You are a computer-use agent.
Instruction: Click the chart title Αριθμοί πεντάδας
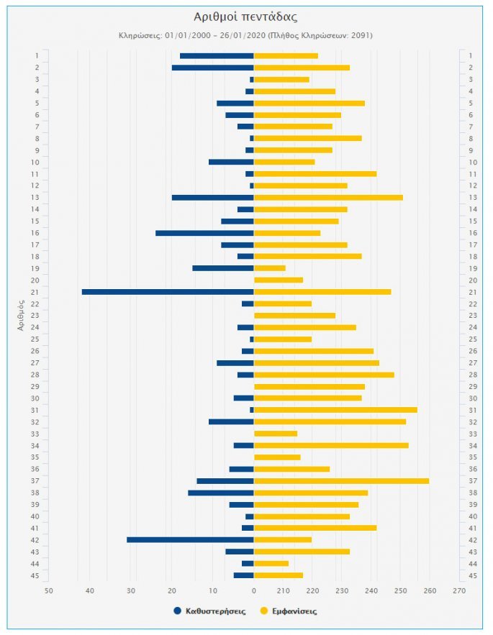pos(246,17)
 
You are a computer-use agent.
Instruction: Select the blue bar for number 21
pos(168,291)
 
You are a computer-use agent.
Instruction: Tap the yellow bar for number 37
pos(341,481)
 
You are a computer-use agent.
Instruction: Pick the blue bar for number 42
pos(190,540)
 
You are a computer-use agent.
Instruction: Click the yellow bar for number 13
pos(328,197)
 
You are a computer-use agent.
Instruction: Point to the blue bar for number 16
pos(204,232)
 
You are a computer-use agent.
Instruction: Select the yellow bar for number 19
pos(270,268)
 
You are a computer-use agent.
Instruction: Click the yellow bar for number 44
pos(271,563)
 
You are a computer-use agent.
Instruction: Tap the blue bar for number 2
pos(212,68)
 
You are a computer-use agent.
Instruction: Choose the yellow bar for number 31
pos(335,410)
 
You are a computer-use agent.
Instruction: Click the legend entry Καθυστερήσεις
pos(214,611)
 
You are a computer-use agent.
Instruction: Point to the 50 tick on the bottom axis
pos(49,591)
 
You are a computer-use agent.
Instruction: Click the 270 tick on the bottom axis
pos(459,591)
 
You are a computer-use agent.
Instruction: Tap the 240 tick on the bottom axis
pos(371,591)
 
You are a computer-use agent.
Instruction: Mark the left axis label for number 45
pos(36,575)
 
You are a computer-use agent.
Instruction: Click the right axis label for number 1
pos(471,56)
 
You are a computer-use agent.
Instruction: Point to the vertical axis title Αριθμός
pos(22,316)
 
